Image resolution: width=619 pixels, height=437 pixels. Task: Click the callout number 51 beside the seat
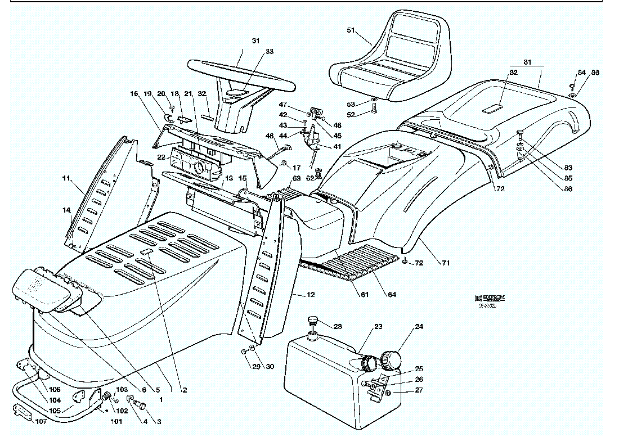351,29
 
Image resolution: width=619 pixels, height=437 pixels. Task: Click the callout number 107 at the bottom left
41,421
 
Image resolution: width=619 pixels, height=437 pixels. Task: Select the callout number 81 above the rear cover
527,61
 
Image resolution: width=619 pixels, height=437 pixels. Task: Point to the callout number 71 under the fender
446,263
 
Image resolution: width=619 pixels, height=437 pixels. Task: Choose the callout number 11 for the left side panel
66,178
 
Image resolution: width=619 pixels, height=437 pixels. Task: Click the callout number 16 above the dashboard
133,93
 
